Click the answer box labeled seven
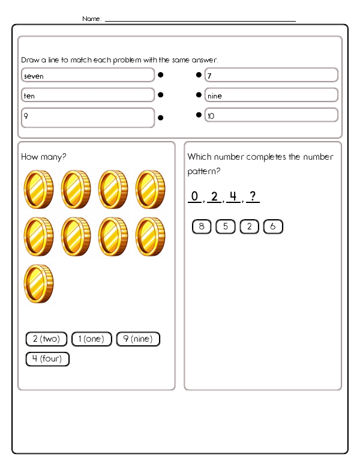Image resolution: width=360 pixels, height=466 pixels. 88,76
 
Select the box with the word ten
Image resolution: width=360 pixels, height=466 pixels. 88,95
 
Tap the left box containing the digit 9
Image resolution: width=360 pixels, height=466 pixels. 88,117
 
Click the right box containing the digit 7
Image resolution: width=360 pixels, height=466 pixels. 271,75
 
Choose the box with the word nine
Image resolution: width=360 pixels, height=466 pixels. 271,95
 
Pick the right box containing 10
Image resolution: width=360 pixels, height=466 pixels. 271,115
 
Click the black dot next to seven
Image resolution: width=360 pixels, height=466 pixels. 161,76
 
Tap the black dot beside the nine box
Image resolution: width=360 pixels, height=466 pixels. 199,95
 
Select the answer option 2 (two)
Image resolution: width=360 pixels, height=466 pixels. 46,339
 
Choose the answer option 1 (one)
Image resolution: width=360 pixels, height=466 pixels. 92,339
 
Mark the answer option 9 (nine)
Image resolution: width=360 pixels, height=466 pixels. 138,339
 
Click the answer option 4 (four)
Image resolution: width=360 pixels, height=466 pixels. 47,359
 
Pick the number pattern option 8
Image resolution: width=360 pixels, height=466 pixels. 202,226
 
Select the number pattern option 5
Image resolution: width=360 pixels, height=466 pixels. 225,226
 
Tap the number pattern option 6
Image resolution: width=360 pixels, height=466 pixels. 273,226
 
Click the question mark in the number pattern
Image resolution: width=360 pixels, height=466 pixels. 253,196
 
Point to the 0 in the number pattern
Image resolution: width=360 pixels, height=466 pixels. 194,196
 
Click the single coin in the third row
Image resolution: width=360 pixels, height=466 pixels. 39,283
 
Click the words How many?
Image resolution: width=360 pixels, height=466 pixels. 44,157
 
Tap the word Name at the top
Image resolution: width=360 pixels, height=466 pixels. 91,19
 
